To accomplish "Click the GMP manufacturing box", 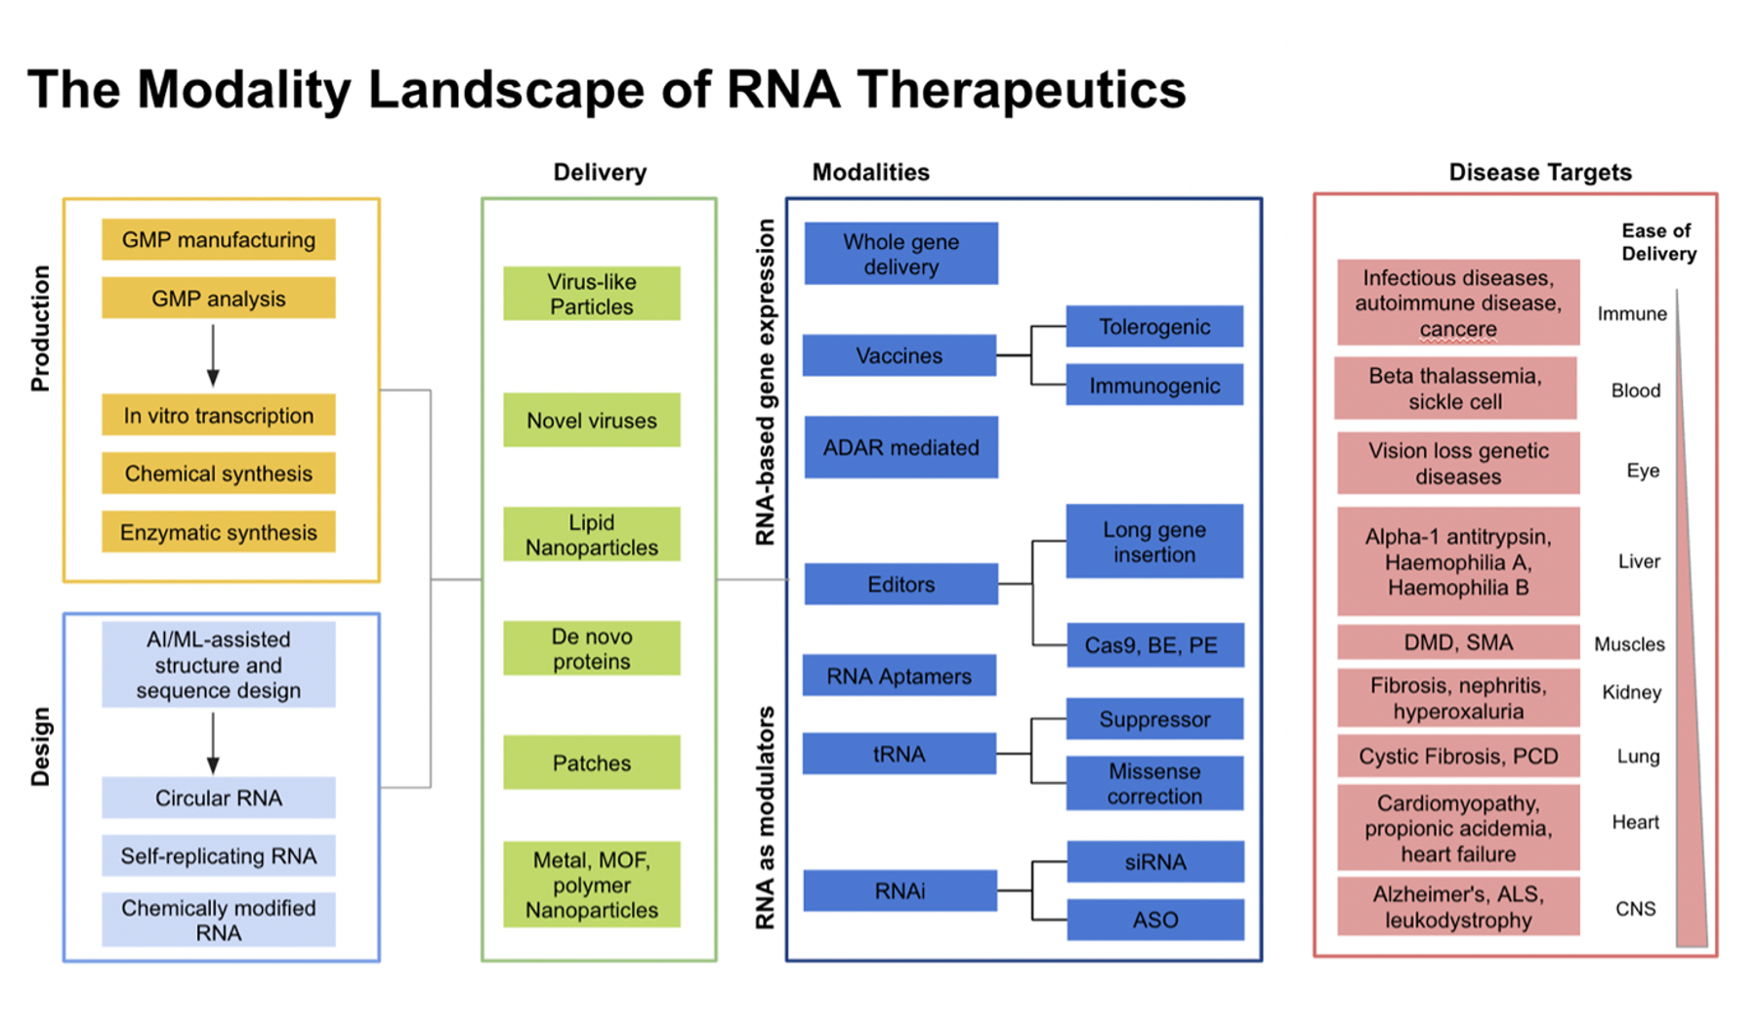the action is coord(219,239).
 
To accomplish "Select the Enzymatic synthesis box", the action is coord(219,532).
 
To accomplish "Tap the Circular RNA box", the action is coord(219,798).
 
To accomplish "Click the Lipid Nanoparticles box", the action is coord(592,534).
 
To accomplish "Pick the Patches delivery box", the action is coord(592,762).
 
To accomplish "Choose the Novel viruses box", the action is coord(592,420).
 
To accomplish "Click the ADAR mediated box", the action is coord(900,447).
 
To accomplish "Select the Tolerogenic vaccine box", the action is coord(1154,326).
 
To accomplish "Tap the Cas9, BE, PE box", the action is coord(1154,645).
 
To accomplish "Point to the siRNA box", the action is coord(1155,862).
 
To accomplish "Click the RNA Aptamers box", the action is coord(900,676).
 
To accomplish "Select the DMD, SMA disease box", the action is coord(1458,642).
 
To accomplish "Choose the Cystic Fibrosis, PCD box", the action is coord(1458,757).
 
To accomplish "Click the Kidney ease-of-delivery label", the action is coord(1631,692).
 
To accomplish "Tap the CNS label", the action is coord(1635,909).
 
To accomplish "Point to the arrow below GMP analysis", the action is coord(213,355).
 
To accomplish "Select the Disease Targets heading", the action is coord(1540,173).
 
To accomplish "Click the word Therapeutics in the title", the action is coord(1022,90).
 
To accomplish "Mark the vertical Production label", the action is coord(40,328).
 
